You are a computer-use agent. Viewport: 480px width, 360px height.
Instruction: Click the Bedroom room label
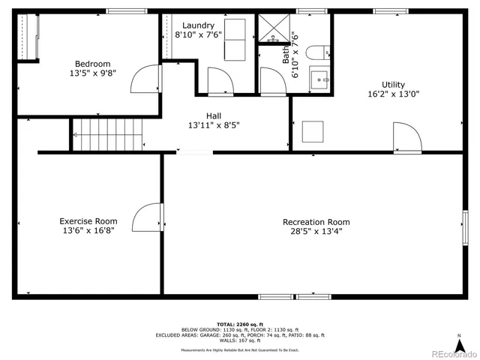[92, 64]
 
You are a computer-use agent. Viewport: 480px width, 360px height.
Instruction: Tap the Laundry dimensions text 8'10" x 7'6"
[198, 34]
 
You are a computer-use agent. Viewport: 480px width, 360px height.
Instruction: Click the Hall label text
[214, 115]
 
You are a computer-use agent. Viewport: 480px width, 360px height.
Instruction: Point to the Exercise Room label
[88, 221]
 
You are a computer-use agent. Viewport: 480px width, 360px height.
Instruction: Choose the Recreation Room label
[316, 222]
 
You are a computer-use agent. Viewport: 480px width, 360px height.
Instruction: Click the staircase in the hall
[106, 135]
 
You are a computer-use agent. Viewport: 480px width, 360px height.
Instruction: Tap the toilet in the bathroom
[317, 52]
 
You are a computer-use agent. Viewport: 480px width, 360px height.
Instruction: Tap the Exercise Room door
[148, 217]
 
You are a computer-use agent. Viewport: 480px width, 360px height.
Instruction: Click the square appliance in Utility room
[313, 132]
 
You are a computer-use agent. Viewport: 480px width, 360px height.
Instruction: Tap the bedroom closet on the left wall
[28, 37]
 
